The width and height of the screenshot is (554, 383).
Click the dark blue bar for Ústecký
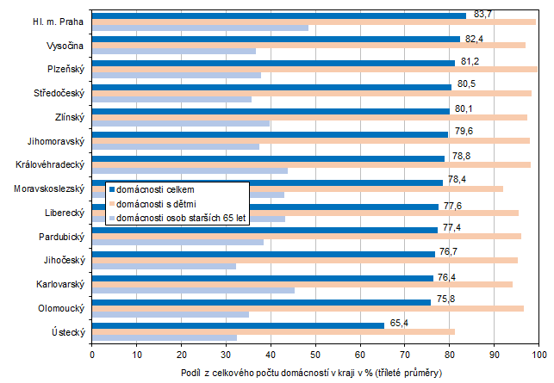click(x=238, y=325)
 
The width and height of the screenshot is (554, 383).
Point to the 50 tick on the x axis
click(x=315, y=353)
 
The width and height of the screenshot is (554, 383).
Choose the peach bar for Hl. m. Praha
click(x=314, y=22)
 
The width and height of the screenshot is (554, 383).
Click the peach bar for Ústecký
click(x=273, y=331)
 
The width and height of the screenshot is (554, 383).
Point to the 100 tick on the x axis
click(x=538, y=353)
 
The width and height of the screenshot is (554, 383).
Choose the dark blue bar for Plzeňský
click(x=273, y=63)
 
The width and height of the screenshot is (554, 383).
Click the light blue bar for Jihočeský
click(x=164, y=266)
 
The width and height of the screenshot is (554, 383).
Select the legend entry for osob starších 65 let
click(x=181, y=218)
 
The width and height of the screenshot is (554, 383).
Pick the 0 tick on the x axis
click(x=92, y=353)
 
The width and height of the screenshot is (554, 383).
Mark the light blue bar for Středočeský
click(x=171, y=99)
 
